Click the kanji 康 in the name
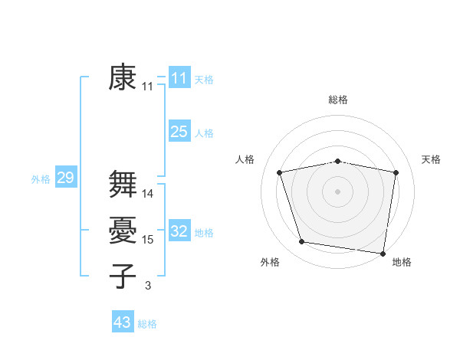[x=122, y=77]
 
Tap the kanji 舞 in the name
[x=123, y=184]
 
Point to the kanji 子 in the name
[x=123, y=277]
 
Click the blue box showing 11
[x=179, y=77]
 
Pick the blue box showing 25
[x=179, y=132]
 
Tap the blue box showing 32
[x=179, y=231]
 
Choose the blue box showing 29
[x=65, y=178]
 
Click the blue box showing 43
[x=123, y=322]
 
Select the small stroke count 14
[x=148, y=194]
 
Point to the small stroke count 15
[x=148, y=240]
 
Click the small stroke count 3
[x=148, y=286]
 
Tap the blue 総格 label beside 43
[x=147, y=324]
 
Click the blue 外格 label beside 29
[x=41, y=179]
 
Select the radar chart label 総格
[x=337, y=100]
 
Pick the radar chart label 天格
[x=431, y=159]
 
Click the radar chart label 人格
[x=245, y=159]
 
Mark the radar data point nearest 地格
[x=383, y=253]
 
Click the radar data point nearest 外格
[x=301, y=242]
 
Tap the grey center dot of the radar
[x=337, y=191]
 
